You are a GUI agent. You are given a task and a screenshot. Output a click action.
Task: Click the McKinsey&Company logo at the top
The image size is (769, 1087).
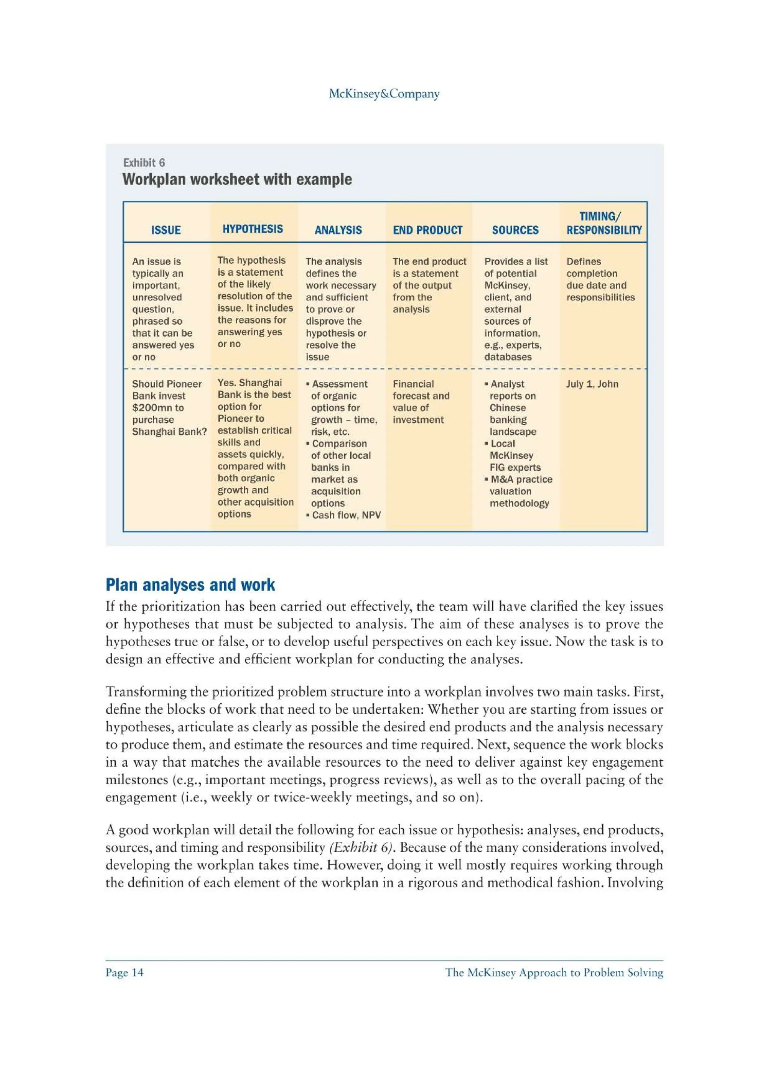click(x=384, y=94)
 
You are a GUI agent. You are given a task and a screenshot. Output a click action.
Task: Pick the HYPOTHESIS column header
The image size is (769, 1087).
click(x=253, y=229)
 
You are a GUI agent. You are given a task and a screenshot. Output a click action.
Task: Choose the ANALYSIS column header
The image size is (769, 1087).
click(x=338, y=230)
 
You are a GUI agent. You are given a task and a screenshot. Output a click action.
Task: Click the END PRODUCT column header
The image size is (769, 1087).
click(x=427, y=230)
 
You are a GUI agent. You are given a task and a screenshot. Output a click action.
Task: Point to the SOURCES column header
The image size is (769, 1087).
click(x=515, y=230)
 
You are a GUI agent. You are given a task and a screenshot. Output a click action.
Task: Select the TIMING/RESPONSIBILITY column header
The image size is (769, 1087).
click(x=604, y=223)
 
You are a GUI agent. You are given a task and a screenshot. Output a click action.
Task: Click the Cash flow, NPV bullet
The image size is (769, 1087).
click(x=346, y=515)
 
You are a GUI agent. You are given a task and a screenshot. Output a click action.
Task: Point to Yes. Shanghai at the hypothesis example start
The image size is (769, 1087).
click(x=249, y=383)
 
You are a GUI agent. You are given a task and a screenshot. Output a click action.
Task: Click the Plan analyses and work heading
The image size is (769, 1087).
click(x=190, y=585)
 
